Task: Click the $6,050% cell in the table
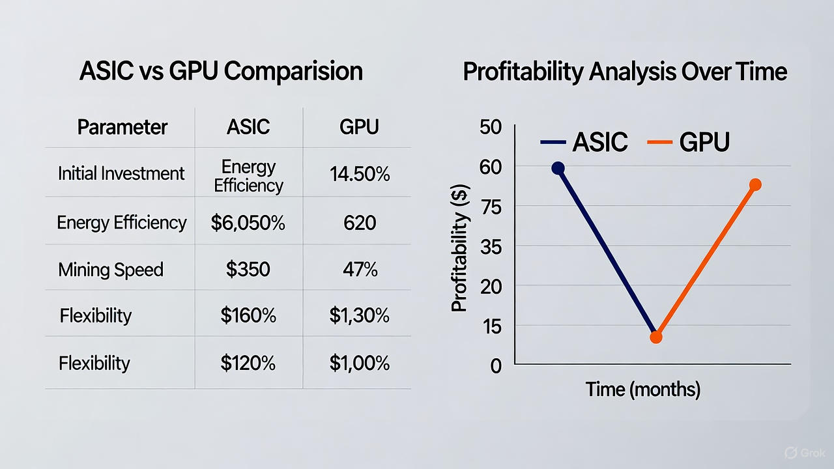coord(248,223)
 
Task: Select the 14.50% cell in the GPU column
coord(359,174)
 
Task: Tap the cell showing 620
coord(359,223)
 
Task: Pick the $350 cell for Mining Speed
coord(248,269)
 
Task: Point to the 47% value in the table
coord(360,269)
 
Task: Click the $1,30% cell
coord(359,316)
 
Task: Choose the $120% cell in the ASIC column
coord(248,363)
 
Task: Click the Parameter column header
coord(122,127)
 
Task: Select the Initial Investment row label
coord(121,174)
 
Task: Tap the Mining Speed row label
coord(111,270)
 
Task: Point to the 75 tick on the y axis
coord(491,206)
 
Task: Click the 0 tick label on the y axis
coord(496,365)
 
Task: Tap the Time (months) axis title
coord(643,390)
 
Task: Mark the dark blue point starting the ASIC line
coord(558,168)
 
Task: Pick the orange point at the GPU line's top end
coord(755,185)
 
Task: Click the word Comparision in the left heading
coord(293,71)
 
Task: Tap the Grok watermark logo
coord(805,453)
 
